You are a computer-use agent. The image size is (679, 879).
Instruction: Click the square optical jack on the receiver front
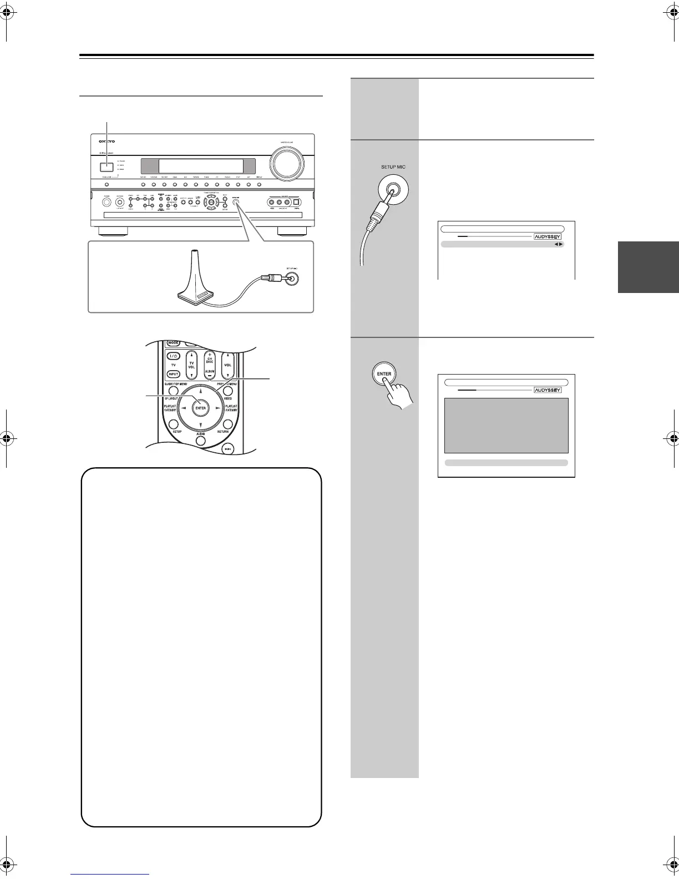point(297,202)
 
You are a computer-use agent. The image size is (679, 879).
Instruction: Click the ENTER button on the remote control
point(200,408)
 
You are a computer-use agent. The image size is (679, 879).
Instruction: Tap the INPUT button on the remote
point(173,373)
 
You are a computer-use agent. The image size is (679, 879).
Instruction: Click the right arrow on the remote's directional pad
point(218,408)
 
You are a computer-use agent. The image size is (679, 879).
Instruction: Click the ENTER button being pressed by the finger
point(384,373)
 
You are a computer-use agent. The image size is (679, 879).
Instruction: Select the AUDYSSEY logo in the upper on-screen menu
point(548,236)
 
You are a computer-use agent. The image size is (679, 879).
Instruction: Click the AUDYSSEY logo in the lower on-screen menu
point(548,390)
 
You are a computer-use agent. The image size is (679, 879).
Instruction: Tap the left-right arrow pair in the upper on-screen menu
point(558,244)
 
